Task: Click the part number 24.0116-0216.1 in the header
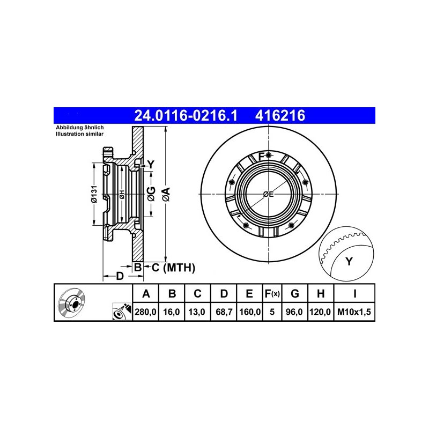coord(186,115)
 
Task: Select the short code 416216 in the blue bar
coord(280,115)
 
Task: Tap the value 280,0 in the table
coord(145,312)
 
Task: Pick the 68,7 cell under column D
coord(224,312)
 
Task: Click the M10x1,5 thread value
coord(354,312)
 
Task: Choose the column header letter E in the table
coord(249,293)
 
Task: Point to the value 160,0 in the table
coord(250,312)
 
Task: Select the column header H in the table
coord(320,293)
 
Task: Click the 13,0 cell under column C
coord(197,312)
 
